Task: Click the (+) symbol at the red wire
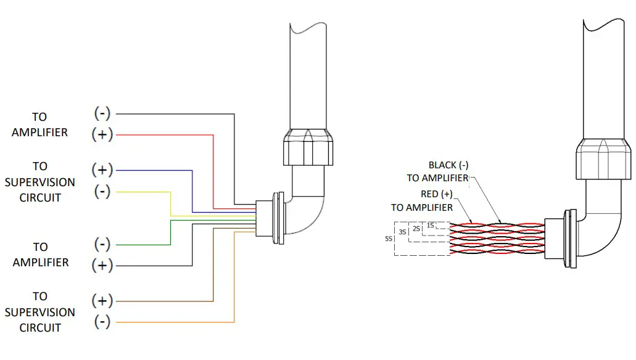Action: [102, 134]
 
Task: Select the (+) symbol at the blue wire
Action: [102, 170]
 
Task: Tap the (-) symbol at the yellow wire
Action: [102, 192]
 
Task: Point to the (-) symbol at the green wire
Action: [102, 244]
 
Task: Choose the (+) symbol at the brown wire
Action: [102, 301]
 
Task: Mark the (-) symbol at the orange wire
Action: [102, 322]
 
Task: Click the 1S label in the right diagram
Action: [430, 225]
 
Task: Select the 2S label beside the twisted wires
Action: [416, 229]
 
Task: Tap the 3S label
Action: [402, 232]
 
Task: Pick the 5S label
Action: [389, 238]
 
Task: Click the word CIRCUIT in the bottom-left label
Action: [40, 328]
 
